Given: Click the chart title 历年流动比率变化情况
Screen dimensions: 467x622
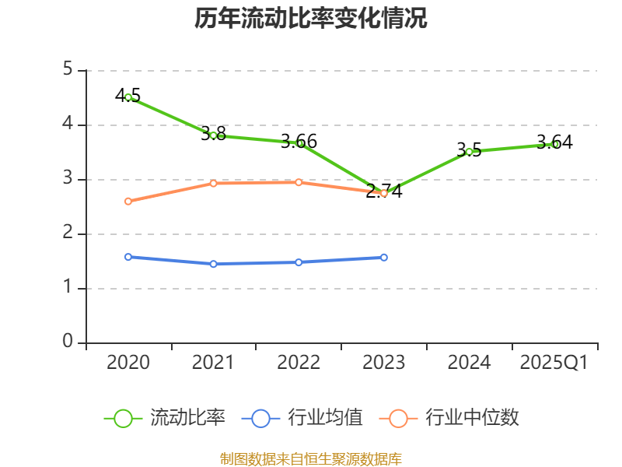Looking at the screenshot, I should tap(311, 19).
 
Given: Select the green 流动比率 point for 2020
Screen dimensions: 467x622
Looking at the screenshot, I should tap(128, 97).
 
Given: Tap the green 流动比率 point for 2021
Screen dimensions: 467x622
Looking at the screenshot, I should tap(213, 135).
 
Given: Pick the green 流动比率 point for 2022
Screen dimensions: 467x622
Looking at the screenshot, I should tap(299, 143).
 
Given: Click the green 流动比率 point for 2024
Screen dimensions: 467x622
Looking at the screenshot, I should tap(470, 152).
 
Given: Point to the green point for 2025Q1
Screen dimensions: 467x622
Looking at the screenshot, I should tap(554, 144).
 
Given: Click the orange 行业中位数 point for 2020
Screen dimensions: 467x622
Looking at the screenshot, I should tap(128, 201).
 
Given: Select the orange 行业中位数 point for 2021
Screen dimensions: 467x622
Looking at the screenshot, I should tap(213, 183).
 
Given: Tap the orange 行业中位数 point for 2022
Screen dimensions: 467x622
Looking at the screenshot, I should tap(299, 182).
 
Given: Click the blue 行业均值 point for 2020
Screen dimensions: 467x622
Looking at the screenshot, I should tap(128, 257).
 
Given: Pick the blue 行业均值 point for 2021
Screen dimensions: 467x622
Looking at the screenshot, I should tap(213, 264).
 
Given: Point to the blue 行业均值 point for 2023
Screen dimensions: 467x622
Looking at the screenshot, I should tap(384, 257).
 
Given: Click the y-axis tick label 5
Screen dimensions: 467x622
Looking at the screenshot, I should tap(68, 70).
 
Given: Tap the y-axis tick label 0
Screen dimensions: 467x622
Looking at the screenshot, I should tap(68, 342).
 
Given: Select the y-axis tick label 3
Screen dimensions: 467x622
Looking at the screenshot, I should tap(68, 179).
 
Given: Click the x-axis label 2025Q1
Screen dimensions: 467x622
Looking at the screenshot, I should tap(554, 363).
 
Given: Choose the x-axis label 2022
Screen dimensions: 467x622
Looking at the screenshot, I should tap(299, 363).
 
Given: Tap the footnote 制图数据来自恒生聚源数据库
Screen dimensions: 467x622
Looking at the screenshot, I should tap(311, 458).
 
